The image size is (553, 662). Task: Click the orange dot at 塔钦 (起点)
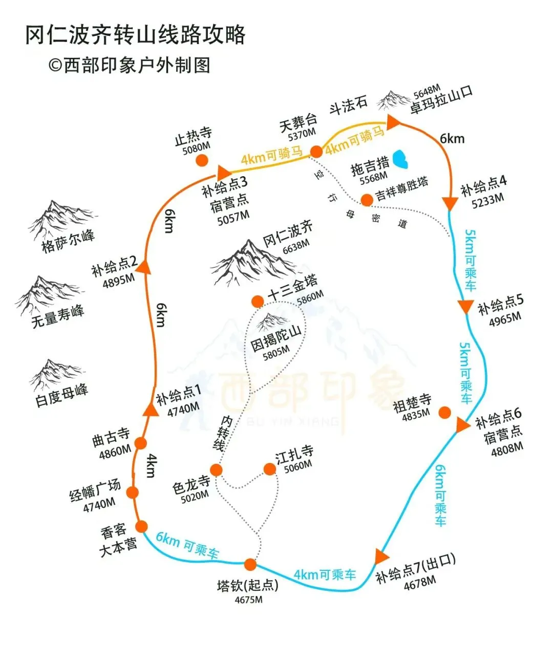(x=250, y=564)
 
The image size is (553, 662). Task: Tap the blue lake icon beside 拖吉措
(x=399, y=160)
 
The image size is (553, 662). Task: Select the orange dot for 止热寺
(x=202, y=160)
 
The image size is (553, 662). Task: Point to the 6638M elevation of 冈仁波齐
(x=296, y=247)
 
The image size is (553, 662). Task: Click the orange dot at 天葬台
(x=316, y=151)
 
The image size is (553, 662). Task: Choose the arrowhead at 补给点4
(x=450, y=203)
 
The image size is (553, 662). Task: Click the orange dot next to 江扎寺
(x=269, y=468)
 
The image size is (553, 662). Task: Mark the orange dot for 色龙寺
(x=217, y=470)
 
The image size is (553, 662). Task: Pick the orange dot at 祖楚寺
(x=444, y=412)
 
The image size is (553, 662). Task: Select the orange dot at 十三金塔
(x=258, y=301)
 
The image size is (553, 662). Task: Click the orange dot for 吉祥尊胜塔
(x=367, y=200)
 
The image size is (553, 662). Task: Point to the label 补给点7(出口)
(x=415, y=569)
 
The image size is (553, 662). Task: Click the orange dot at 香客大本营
(x=141, y=526)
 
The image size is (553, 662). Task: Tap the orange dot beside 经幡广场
(x=133, y=493)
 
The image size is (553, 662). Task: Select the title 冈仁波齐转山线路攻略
(x=136, y=35)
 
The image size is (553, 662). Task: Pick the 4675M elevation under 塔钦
(x=248, y=600)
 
